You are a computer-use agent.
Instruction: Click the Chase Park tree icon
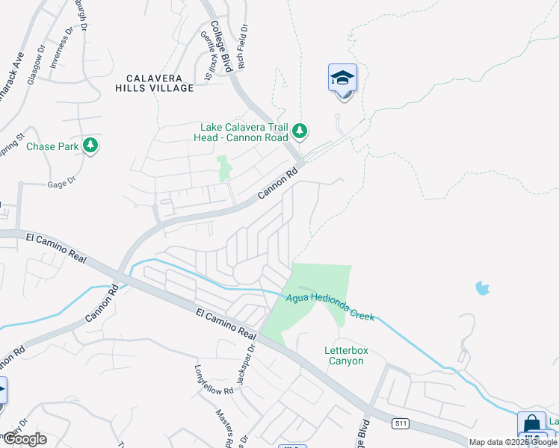click(90, 145)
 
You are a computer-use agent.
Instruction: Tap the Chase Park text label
click(52, 146)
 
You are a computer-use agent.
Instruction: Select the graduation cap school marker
click(342, 78)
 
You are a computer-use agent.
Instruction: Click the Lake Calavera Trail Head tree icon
click(300, 131)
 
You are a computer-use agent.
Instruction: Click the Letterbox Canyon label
click(344, 355)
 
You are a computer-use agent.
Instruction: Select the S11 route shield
click(401, 423)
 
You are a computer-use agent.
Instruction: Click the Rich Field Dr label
click(243, 46)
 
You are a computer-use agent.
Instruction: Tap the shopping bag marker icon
click(531, 424)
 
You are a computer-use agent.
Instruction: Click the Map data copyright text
click(513, 442)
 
